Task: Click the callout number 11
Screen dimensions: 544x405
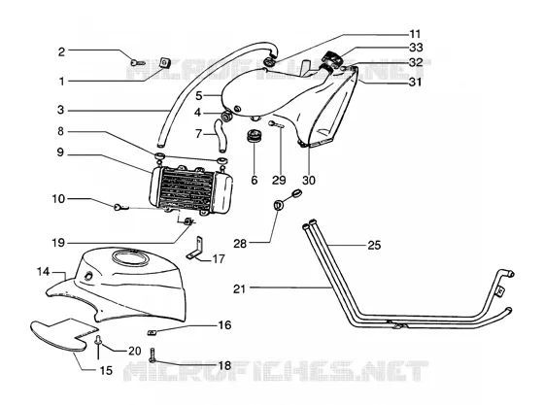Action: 416,34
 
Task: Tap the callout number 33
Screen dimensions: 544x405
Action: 416,48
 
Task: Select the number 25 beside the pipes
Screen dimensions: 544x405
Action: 374,245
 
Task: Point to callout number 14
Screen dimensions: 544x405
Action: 44,272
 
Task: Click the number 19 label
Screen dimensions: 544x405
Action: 58,243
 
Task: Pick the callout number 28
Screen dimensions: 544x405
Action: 240,244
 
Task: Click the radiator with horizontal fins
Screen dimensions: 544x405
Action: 190,190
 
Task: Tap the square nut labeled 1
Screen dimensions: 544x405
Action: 165,62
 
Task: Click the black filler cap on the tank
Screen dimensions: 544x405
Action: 332,56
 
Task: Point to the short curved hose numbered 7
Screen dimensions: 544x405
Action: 221,135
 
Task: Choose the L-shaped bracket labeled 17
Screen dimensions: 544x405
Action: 195,249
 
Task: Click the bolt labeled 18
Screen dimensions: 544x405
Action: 152,355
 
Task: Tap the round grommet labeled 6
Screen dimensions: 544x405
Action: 254,135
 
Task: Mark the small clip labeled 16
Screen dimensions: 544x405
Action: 152,332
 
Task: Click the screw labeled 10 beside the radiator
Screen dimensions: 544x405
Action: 119,207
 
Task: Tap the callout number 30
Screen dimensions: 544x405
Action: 309,181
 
